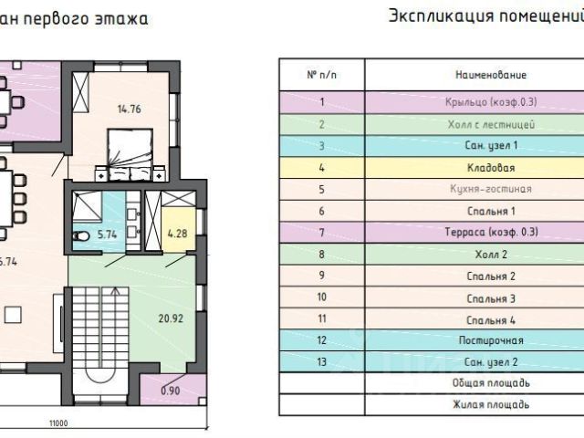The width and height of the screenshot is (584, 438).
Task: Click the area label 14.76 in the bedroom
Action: [129, 110]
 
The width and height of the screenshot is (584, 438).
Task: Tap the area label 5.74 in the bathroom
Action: [109, 234]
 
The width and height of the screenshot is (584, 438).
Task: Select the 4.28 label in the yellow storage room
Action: [177, 234]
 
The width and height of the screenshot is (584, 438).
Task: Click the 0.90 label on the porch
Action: [171, 391]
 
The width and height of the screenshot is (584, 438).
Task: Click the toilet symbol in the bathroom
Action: [81, 236]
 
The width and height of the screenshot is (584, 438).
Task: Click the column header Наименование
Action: [490, 75]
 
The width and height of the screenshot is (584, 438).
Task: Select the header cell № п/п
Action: [321, 75]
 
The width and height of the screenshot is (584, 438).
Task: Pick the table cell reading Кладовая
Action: [490, 168]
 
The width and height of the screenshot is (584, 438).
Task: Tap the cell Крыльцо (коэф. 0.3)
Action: [490, 101]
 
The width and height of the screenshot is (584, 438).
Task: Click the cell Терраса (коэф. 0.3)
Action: [490, 232]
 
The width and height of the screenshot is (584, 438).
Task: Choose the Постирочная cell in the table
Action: [490, 340]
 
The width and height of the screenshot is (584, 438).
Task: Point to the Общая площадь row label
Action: [490, 383]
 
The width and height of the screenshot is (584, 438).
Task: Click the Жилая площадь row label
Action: [490, 404]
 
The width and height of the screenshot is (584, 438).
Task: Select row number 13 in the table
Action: [321, 362]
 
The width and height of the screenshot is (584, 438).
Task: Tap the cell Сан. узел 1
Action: [490, 145]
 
